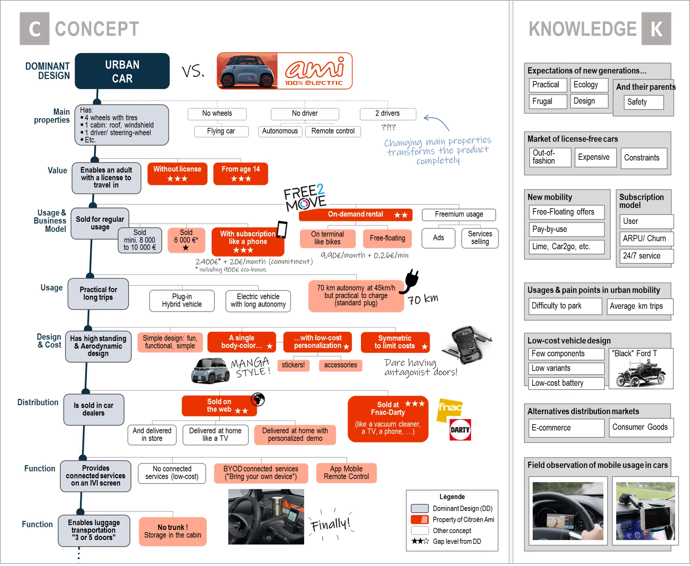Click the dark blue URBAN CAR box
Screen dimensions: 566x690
click(122, 71)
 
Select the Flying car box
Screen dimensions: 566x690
click(221, 131)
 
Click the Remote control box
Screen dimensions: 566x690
click(333, 131)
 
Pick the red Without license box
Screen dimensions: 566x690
click(177, 174)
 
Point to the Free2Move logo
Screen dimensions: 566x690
click(305, 197)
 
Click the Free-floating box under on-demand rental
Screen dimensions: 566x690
click(387, 238)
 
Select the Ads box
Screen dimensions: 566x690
click(438, 238)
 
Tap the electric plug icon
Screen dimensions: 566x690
click(411, 281)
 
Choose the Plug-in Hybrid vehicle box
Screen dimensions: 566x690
click(182, 301)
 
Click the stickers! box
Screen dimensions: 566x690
click(293, 365)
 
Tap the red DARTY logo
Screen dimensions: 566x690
click(460, 430)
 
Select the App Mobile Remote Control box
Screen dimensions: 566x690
click(346, 473)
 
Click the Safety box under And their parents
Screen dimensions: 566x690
click(643, 102)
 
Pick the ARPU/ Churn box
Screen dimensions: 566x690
click(645, 238)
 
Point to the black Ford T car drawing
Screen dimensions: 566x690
click(641, 374)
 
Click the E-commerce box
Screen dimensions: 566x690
click(566, 428)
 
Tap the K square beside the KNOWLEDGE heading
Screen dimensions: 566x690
click(656, 29)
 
